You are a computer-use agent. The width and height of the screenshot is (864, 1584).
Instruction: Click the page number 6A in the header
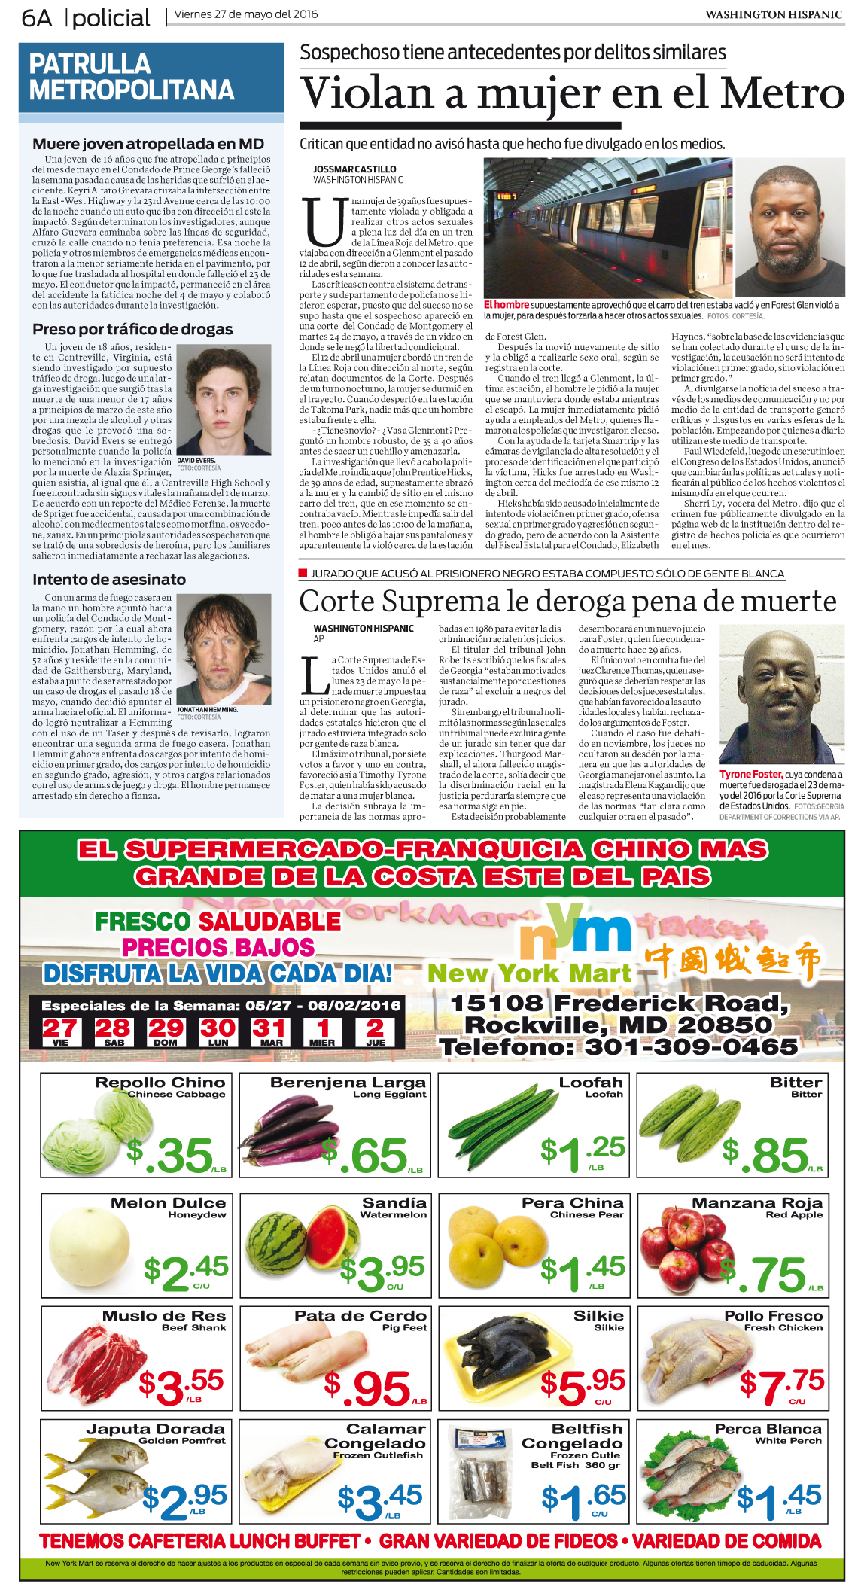pos(37,17)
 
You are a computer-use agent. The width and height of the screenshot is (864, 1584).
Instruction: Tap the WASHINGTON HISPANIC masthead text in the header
pos(773,14)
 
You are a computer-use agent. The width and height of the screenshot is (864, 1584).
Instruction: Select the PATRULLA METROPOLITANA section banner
pos(132,78)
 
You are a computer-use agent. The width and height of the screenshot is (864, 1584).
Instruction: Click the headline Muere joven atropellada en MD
pos(148,144)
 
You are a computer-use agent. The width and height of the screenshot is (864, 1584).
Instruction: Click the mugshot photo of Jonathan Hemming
pos(224,649)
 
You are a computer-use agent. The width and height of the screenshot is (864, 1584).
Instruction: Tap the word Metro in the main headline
pos(782,94)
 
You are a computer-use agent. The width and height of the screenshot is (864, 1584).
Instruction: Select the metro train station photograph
pos(607,227)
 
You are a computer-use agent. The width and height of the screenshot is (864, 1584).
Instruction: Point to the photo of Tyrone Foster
pos(781,694)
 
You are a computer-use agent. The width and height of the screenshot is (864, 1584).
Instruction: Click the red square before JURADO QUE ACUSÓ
pos(303,574)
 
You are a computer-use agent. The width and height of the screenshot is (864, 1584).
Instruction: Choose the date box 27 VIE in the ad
pos(60,1031)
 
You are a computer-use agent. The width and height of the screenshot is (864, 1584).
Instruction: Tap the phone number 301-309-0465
pos(691,1046)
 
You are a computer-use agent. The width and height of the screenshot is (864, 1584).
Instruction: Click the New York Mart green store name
pos(529,973)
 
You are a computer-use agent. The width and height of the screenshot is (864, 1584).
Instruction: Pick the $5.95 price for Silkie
pos(583,1386)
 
